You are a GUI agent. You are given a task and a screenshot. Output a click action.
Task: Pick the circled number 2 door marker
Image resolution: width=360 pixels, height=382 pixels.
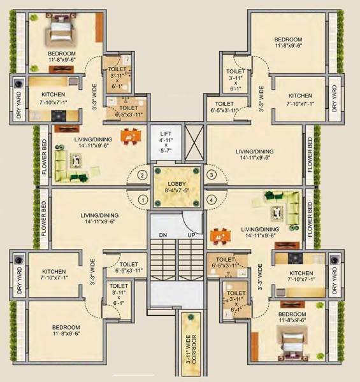pos(142,174)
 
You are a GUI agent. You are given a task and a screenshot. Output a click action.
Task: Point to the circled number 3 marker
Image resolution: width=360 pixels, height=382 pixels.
pos(211,174)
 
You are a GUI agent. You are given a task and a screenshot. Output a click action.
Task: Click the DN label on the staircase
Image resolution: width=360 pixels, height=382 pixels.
pos(162,236)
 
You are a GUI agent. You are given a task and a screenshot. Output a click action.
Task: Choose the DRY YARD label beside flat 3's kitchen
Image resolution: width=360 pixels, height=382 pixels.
pos(335,99)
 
